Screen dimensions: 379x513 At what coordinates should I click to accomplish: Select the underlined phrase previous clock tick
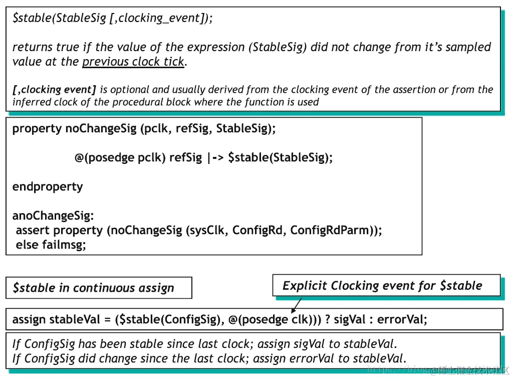[x=133, y=62]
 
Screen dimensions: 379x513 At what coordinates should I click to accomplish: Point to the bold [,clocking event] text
[x=54, y=90]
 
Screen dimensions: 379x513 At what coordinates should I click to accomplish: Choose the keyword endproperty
[x=48, y=186]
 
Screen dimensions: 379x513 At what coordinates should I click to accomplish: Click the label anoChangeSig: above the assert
[x=53, y=216]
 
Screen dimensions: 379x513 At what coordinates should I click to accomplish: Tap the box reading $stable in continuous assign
[x=99, y=288]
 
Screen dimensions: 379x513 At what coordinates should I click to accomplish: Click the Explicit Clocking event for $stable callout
[x=386, y=286]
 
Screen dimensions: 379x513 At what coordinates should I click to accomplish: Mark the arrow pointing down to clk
[x=296, y=304]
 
